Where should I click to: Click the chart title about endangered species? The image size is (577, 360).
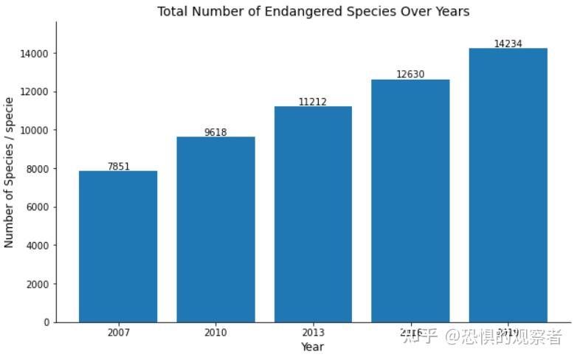point(313,11)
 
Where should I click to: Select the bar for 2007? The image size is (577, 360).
point(118,246)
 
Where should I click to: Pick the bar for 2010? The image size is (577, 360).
point(215,229)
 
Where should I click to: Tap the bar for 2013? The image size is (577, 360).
point(313,214)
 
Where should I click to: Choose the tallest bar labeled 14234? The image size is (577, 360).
point(508,185)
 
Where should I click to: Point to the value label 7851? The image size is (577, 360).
point(118,167)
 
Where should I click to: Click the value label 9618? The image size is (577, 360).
point(215,133)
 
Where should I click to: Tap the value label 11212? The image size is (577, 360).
point(313,102)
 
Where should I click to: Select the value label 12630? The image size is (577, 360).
point(410,75)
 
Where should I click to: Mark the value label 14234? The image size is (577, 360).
point(508,44)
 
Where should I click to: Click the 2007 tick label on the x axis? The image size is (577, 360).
point(118,333)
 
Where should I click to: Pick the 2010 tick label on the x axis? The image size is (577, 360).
point(215,333)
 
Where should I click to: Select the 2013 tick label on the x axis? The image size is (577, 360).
point(313,333)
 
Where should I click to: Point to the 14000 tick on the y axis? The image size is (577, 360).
point(35,54)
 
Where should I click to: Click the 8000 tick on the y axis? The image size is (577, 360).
point(37,169)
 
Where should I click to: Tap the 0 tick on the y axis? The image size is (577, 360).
point(46,322)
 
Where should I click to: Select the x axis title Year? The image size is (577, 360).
point(312,347)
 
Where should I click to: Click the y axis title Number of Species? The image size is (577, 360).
point(10,172)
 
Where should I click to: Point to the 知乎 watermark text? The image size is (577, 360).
point(421,337)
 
